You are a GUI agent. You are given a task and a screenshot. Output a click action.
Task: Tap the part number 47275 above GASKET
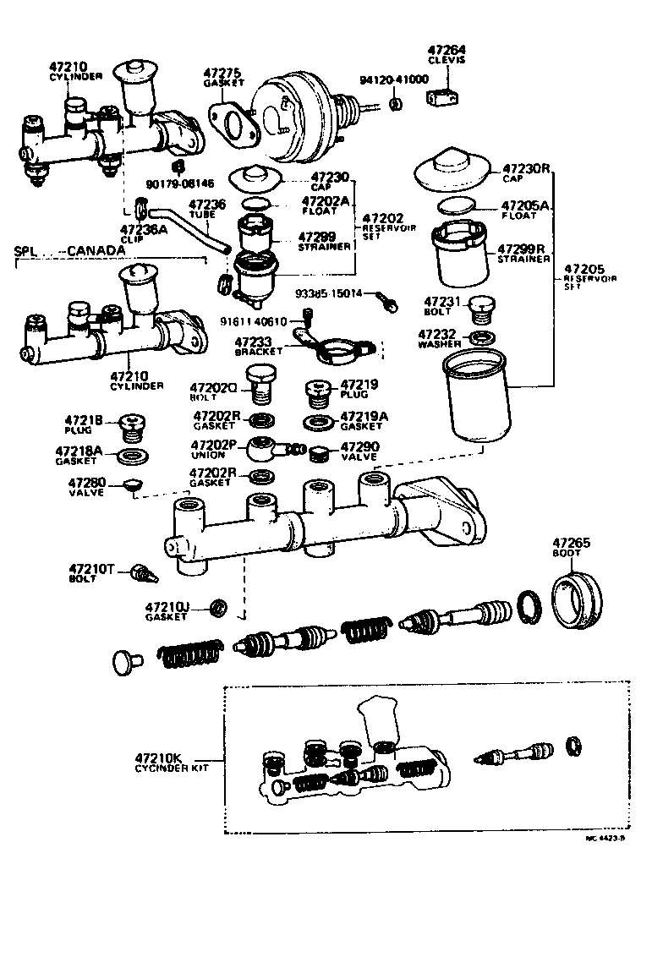coord(222,74)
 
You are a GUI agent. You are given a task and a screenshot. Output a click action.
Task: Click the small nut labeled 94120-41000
coord(395,104)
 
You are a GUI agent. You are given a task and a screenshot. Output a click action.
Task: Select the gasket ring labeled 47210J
coord(218,607)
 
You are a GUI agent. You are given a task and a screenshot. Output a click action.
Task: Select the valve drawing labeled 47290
coord(319,453)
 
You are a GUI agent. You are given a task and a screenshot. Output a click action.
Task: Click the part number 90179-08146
coord(180,183)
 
